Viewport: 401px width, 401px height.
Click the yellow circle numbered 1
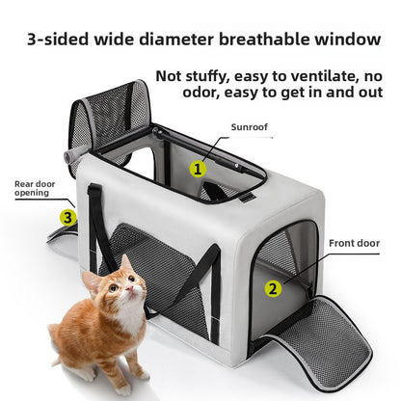pos(198,169)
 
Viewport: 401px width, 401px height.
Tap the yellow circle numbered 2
pos(273,287)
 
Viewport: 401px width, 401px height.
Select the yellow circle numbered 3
pos(67,218)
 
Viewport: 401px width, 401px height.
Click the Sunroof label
pos(248,126)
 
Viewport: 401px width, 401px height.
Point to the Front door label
pos(354,245)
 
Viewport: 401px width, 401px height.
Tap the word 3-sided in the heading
pos(60,40)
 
